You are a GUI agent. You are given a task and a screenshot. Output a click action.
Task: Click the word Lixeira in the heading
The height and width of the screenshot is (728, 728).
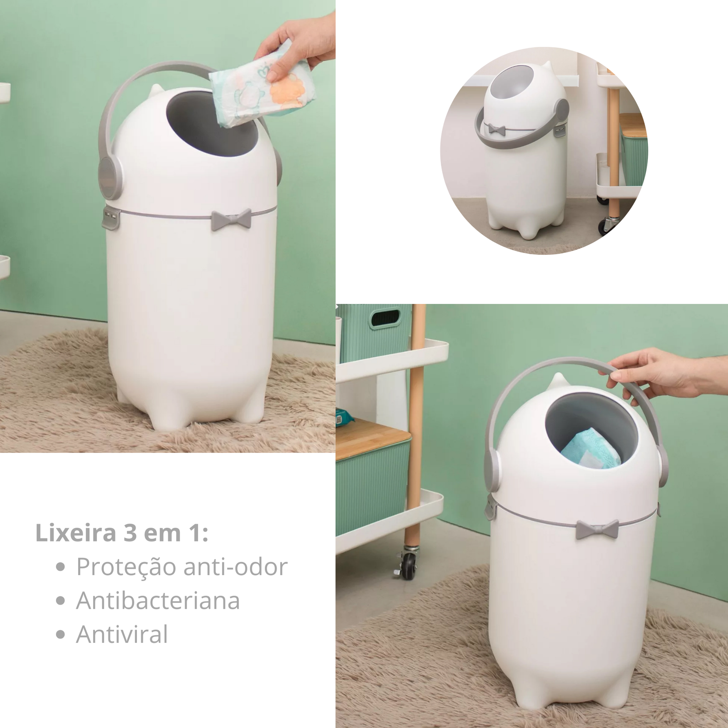[x=76, y=533]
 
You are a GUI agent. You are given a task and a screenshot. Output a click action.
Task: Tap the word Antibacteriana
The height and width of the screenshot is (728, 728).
[x=158, y=601]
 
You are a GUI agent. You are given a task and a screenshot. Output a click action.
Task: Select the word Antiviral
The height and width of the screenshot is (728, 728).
[x=122, y=634]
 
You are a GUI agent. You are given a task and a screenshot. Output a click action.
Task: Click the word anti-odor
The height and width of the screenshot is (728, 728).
[x=235, y=567]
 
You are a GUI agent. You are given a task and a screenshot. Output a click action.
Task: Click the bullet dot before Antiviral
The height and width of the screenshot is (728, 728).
[x=61, y=635]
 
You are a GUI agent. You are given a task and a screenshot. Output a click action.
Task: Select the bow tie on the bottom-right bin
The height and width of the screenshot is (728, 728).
[x=597, y=530]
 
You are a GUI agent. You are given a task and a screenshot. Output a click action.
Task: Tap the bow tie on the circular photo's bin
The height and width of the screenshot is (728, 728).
[x=496, y=129]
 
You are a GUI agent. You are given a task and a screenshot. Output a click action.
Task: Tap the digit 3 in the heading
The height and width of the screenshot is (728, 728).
[x=130, y=533]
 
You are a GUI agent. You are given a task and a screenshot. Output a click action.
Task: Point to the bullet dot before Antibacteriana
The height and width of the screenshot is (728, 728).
[x=61, y=601]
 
